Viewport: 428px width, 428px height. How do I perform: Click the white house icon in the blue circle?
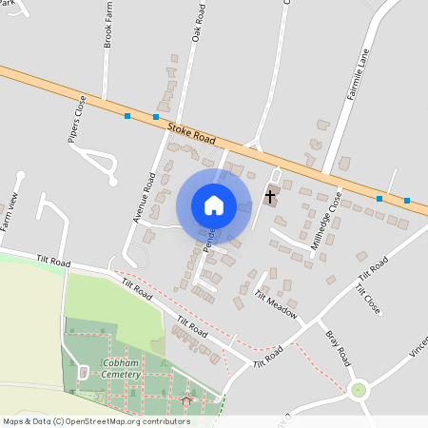213,204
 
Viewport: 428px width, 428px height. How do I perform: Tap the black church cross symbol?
270,197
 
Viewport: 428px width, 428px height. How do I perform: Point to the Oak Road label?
198,22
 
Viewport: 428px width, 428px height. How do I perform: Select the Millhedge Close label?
327,220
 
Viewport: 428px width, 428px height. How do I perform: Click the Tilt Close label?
368,299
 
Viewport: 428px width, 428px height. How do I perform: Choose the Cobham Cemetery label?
122,369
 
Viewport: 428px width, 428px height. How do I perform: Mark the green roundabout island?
359,389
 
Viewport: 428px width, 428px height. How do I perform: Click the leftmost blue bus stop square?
127,116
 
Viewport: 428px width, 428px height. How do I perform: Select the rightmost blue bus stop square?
407,201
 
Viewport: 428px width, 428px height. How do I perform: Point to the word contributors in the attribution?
164,420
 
